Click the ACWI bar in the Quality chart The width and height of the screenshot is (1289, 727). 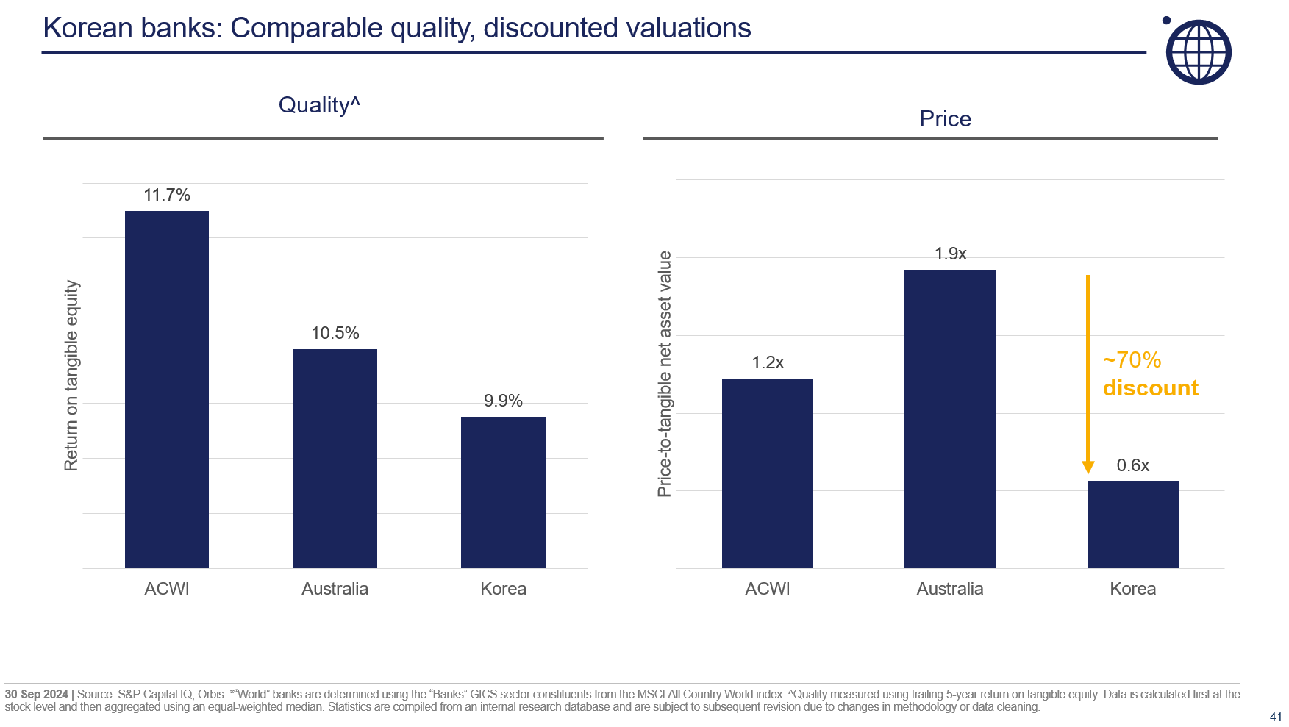coord(167,390)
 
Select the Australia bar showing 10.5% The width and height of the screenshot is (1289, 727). coord(335,458)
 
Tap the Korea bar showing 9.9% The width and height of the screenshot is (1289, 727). coord(503,492)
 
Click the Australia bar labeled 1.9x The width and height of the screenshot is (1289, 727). coord(950,418)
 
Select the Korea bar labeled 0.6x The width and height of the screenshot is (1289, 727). coord(1132,524)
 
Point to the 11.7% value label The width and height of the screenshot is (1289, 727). coord(167,195)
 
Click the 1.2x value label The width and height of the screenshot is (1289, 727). coord(768,362)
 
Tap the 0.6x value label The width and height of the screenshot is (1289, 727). coord(1132,465)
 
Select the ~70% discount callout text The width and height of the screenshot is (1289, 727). coord(1150,374)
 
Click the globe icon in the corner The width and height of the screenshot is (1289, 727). coord(1199,52)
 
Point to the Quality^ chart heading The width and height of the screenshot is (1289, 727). coord(319,105)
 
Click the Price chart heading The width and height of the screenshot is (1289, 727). coord(945,119)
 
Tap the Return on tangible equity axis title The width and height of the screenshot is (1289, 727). coord(71,375)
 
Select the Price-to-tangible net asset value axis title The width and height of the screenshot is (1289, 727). coord(665,373)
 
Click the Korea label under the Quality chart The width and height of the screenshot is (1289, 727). coord(503,589)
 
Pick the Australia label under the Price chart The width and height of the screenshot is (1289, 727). coord(949,589)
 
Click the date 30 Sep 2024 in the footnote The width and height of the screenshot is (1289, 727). coord(37,694)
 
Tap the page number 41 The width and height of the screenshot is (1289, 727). coord(1276,717)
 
